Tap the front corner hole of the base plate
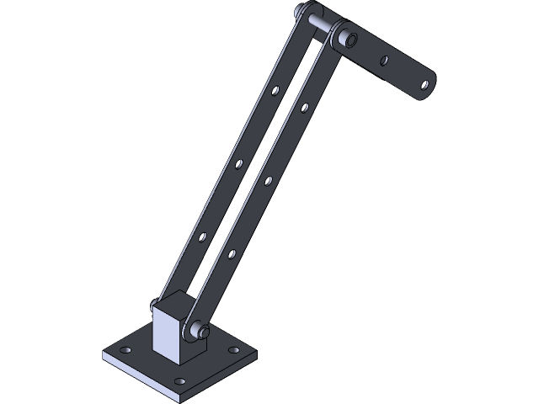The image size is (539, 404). click(x=179, y=381)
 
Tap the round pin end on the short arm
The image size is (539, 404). click(x=345, y=38)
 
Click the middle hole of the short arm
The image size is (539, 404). click(x=385, y=61)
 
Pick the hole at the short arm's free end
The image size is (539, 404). click(x=427, y=84)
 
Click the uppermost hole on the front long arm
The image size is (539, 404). click(x=304, y=107)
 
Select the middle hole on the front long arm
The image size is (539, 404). click(x=268, y=179)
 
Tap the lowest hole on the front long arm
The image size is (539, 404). click(x=232, y=252)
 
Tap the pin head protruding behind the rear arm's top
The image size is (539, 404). click(x=302, y=12)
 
